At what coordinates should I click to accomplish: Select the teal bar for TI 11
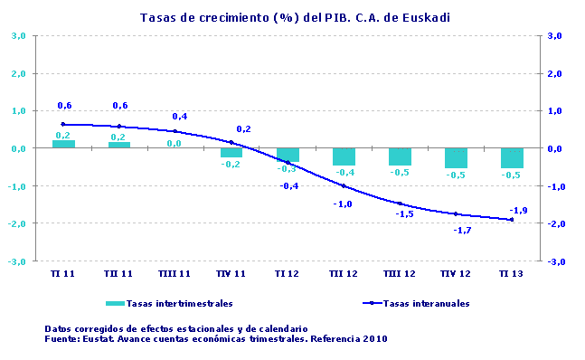[63, 144]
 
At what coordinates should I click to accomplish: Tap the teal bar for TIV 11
[231, 153]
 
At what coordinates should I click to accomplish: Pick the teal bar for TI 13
[512, 158]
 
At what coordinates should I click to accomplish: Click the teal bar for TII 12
[344, 156]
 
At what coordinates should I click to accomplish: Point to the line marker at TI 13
[512, 220]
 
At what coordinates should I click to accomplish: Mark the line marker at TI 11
[63, 124]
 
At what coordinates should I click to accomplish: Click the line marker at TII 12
[344, 186]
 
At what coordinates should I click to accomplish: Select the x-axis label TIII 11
[175, 272]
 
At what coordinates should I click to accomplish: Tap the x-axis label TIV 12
[455, 272]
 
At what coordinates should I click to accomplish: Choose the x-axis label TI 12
[288, 272]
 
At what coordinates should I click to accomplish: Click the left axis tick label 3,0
[18, 36]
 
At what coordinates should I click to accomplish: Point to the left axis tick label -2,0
[17, 223]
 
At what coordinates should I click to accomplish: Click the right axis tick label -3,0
[554, 261]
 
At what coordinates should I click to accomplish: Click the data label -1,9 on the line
[518, 210]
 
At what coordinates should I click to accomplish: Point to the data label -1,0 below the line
[343, 204]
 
